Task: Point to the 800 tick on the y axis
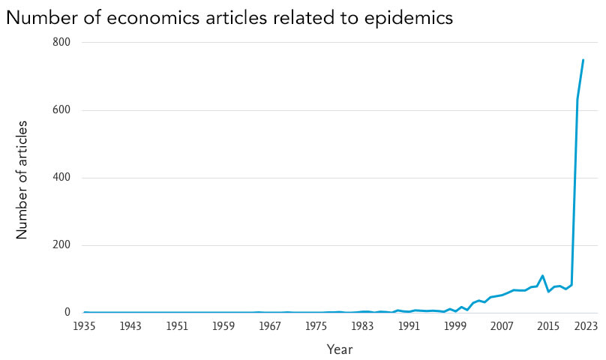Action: [x=61, y=43]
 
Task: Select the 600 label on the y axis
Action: [x=61, y=110]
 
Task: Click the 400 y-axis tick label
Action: [x=61, y=178]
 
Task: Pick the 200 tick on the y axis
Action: [x=61, y=245]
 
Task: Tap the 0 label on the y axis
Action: [x=67, y=313]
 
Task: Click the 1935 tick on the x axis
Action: [x=85, y=327]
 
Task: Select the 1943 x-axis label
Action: [x=130, y=327]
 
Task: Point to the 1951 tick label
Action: [x=177, y=327]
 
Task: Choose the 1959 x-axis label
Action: [x=223, y=327]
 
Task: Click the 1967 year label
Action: [x=270, y=327]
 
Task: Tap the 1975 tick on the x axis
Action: [x=316, y=327]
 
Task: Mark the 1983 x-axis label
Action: [x=362, y=327]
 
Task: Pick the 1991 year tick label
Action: [x=409, y=327]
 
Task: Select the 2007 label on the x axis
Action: [x=502, y=327]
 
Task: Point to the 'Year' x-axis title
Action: [x=339, y=349]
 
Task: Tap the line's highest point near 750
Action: [x=583, y=60]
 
